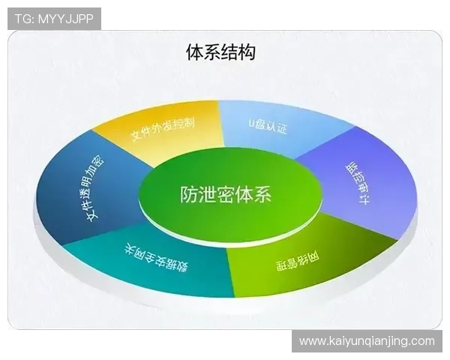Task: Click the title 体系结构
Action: pos(220,52)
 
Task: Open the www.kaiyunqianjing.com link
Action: pos(367,341)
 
